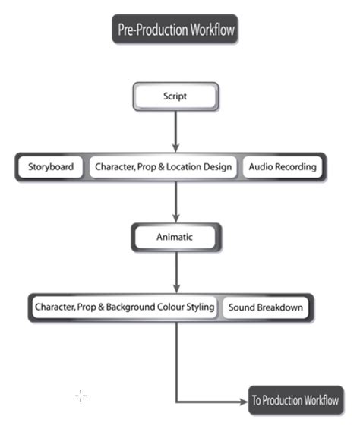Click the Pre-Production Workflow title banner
coord(175,30)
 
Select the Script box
coord(175,97)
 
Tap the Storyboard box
coord(51,167)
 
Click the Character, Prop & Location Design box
coord(163,167)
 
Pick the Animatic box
coord(175,237)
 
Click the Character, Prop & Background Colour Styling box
coord(125,307)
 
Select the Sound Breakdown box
coord(266,307)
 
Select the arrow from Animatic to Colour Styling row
coord(176,273)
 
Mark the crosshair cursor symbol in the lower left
coord(81,396)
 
